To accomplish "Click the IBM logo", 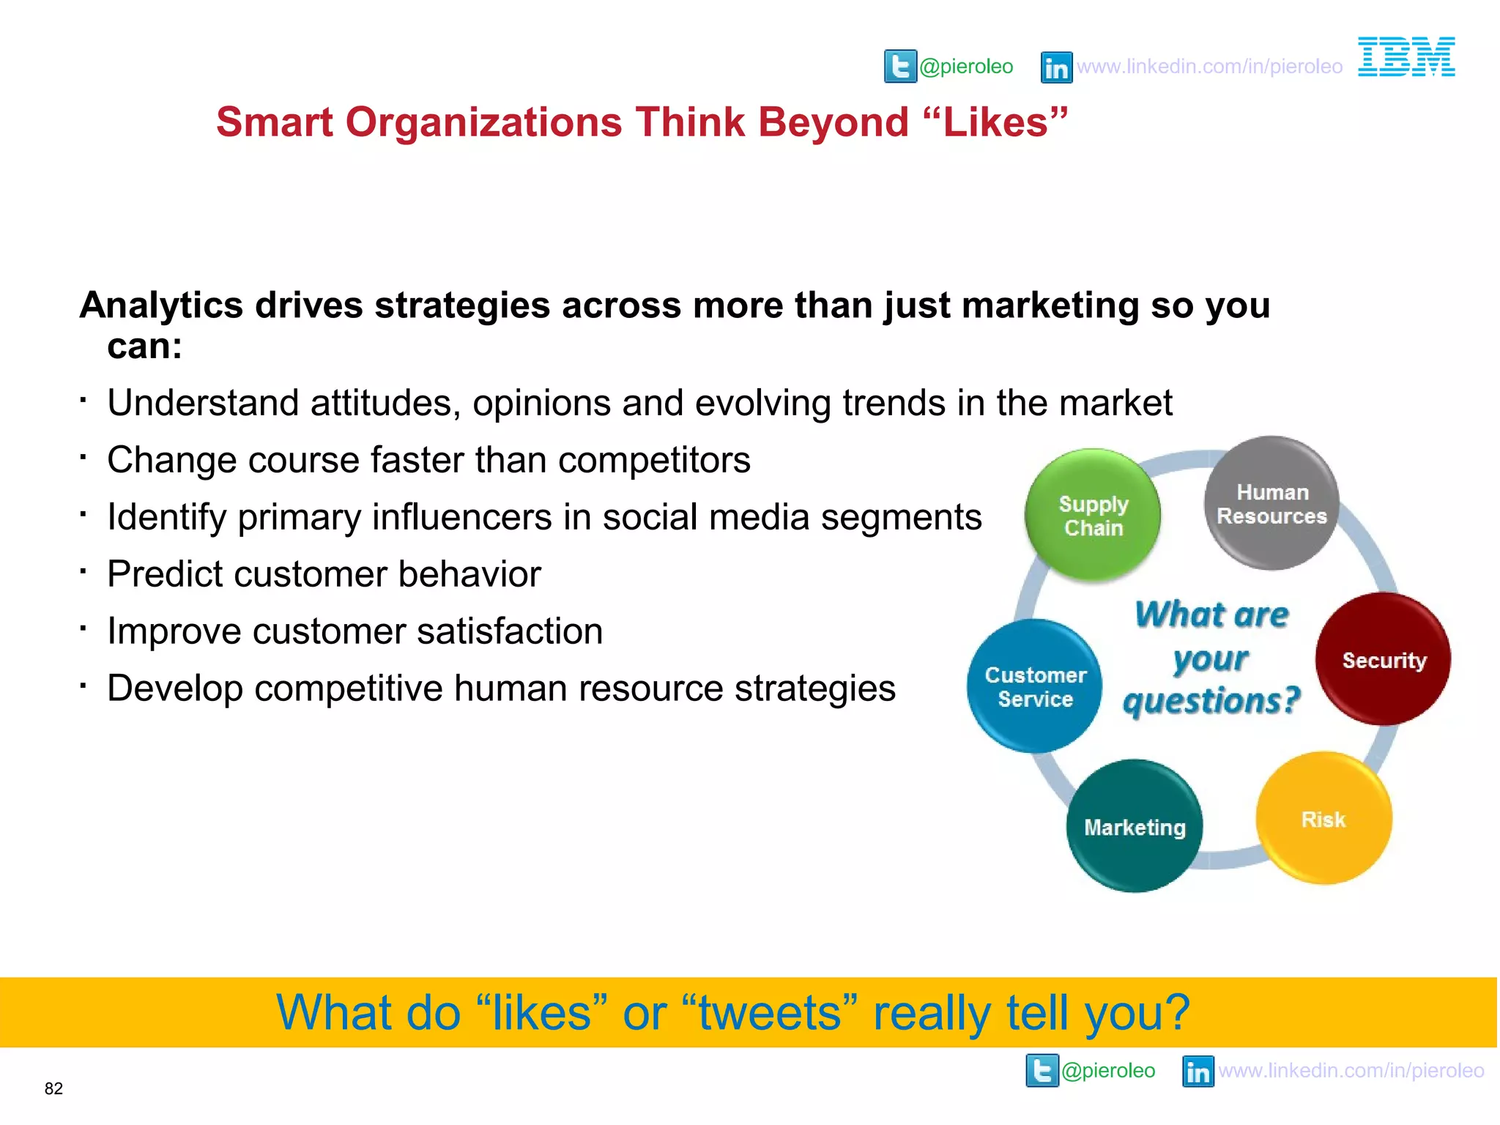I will pyautogui.click(x=1406, y=57).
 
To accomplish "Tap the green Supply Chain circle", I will pyautogui.click(x=1093, y=516).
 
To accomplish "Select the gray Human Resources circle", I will pyautogui.click(x=1271, y=504).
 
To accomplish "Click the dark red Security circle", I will pyautogui.click(x=1384, y=660).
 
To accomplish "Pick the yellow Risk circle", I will pyautogui.click(x=1323, y=819).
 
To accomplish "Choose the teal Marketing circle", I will pyautogui.click(x=1135, y=827).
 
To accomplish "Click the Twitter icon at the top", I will pyautogui.click(x=900, y=67).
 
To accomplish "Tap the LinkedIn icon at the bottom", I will pyautogui.click(x=1198, y=1072).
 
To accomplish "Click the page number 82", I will pyautogui.click(x=53, y=1089).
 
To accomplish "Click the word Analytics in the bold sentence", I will pyautogui.click(x=161, y=305).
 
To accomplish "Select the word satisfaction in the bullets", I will pyautogui.click(x=510, y=631).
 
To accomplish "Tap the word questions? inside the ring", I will pyautogui.click(x=1211, y=701).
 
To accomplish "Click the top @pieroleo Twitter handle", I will pyautogui.click(x=966, y=67).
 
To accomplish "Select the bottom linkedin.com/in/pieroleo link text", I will pyautogui.click(x=1351, y=1071).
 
